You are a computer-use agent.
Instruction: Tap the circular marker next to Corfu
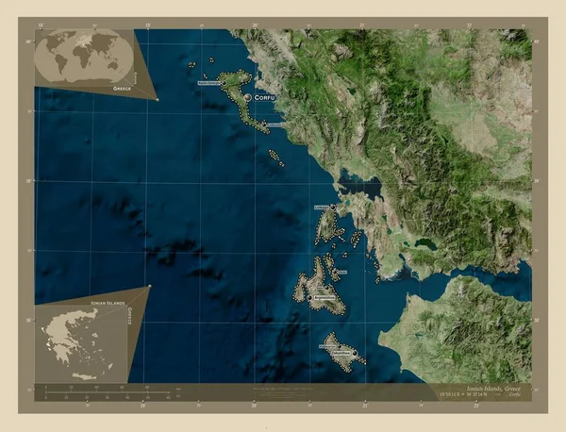point(247,97)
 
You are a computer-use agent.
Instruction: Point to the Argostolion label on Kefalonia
point(324,298)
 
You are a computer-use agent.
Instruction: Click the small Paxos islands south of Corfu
point(275,156)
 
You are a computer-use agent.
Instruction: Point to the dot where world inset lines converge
point(157,98)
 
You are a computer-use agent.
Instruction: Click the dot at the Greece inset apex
point(149,287)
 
